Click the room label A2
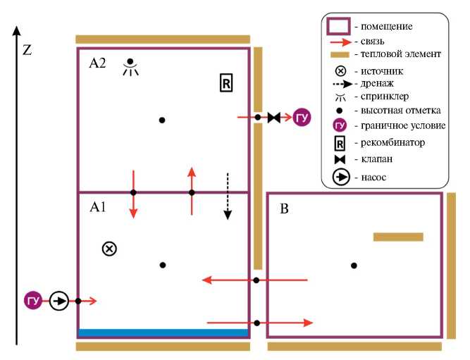[97, 63]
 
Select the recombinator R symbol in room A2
[225, 82]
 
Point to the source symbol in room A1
[109, 248]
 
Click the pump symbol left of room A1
[58, 301]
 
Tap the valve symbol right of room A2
[274, 118]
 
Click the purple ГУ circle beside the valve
[302, 118]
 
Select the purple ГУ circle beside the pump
[32, 301]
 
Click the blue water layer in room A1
[163, 333]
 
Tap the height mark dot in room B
[354, 265]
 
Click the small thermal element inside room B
[397, 237]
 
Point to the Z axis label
[27, 50]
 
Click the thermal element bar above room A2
[163, 39]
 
